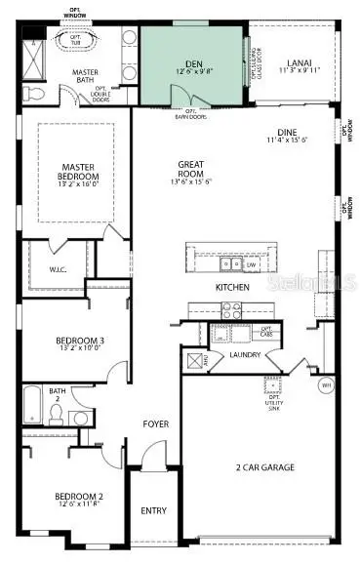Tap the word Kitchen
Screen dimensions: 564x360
[233, 288]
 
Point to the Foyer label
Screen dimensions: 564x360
[155, 424]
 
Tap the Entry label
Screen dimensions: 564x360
[154, 510]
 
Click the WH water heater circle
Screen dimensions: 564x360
[326, 384]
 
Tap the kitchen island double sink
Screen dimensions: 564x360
[230, 263]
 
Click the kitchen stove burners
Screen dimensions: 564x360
[232, 310]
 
